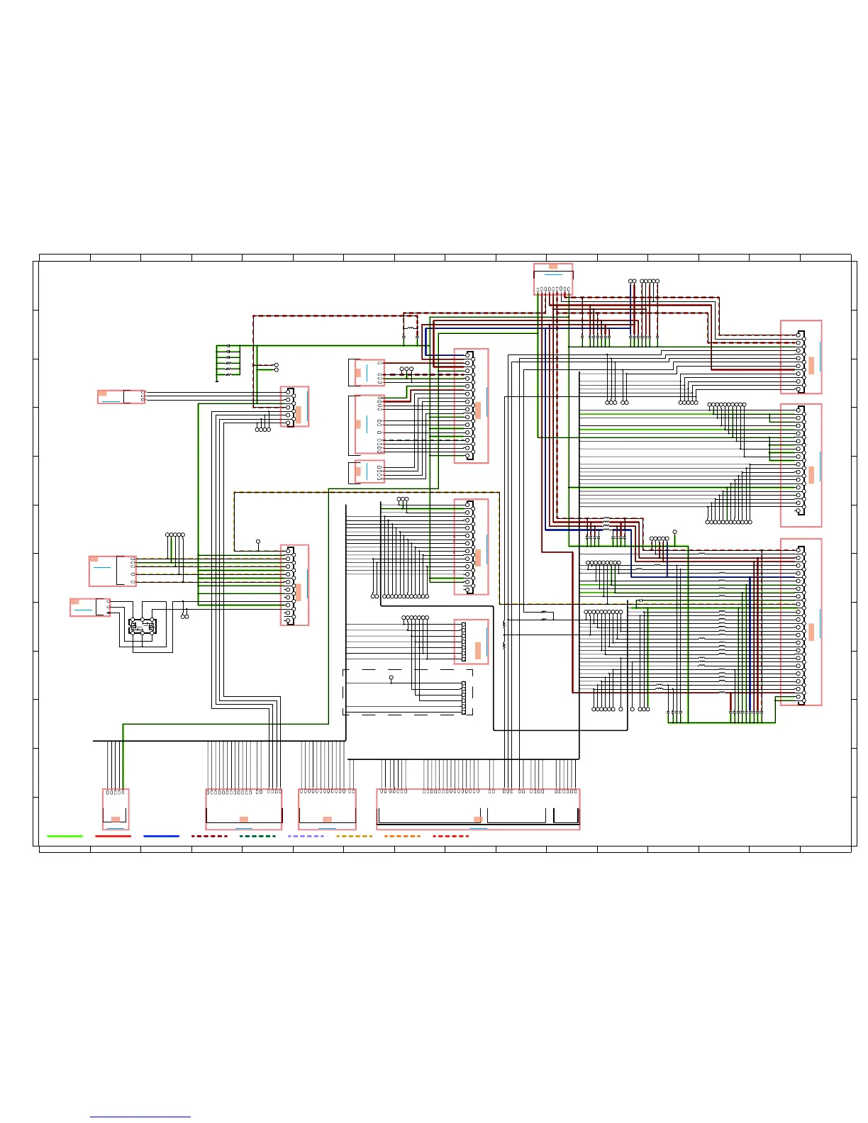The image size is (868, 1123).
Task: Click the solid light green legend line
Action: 65,836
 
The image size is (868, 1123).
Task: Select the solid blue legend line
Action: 161,836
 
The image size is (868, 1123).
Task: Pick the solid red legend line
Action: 113,836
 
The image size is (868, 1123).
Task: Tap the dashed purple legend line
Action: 306,836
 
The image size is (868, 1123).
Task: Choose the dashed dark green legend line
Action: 257,836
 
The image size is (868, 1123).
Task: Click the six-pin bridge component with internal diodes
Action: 142,626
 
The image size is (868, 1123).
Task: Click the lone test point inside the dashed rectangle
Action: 391,678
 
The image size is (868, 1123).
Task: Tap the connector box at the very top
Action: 553,279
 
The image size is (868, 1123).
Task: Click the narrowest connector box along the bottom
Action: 116,808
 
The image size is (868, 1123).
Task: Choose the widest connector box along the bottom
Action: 478,808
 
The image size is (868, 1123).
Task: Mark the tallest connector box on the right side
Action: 801,622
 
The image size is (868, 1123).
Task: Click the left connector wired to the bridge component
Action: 90,608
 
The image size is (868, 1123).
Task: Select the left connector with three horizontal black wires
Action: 121,396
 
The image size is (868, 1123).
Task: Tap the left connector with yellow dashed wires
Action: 112,571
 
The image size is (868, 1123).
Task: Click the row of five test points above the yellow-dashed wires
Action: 175,535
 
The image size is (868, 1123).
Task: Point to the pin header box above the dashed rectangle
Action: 471,642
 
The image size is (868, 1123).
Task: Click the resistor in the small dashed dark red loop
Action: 411,328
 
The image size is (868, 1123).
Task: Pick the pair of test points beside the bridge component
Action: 185,616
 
